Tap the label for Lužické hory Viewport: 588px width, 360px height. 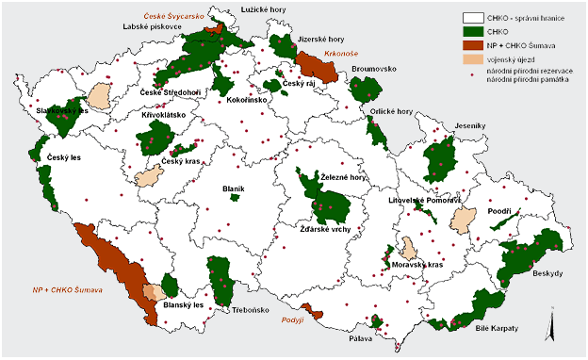click(264, 10)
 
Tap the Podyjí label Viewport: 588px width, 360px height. click(295, 321)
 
